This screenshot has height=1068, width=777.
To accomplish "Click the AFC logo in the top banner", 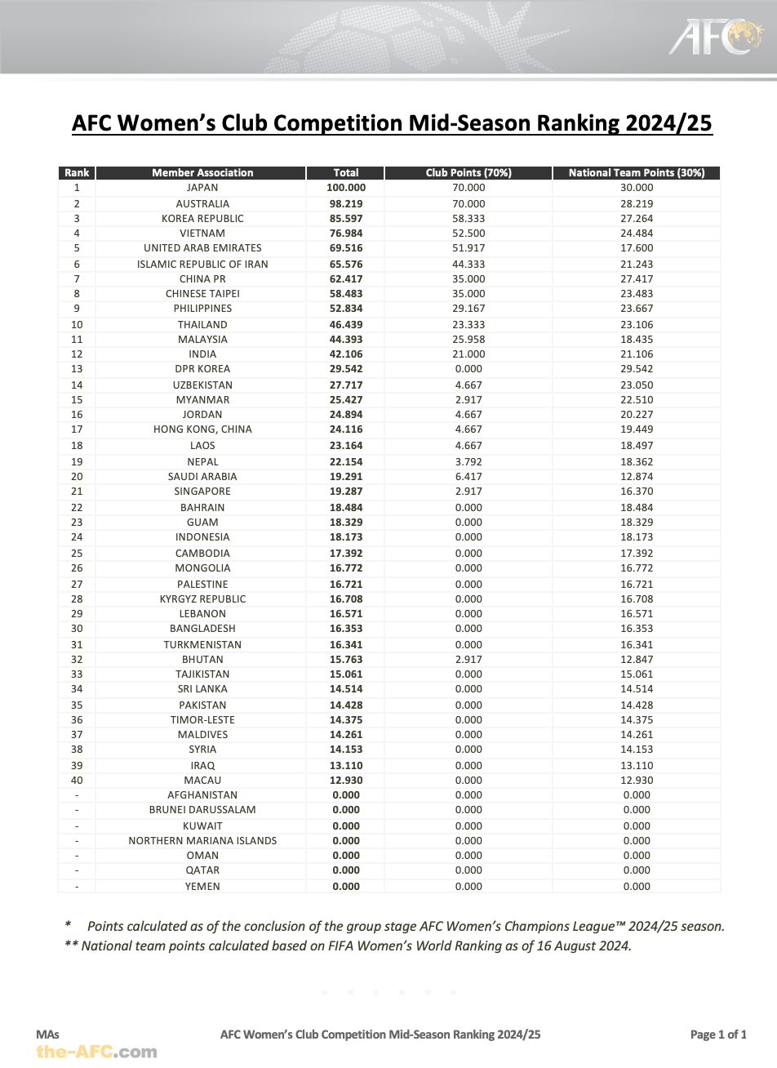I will pyautogui.click(x=716, y=37).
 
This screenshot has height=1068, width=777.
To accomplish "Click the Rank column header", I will pyautogui.click(x=77, y=172).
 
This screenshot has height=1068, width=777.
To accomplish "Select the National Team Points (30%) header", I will pyautogui.click(x=637, y=172).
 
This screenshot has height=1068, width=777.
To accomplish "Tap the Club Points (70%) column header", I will pyautogui.click(x=468, y=172).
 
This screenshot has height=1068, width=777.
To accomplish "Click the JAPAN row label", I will pyautogui.click(x=202, y=188).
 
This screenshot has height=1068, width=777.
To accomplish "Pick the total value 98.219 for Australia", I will pyautogui.click(x=346, y=204).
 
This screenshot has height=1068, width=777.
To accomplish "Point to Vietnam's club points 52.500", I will pyautogui.click(x=468, y=234).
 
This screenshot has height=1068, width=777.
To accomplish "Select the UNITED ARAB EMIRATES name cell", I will pyautogui.click(x=202, y=248).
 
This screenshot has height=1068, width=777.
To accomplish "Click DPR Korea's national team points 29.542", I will pyautogui.click(x=637, y=369).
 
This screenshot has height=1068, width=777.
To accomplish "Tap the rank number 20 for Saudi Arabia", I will pyautogui.click(x=77, y=477).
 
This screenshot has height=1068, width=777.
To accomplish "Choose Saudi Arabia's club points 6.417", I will pyautogui.click(x=468, y=477).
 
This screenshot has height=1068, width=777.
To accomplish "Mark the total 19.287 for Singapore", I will pyautogui.click(x=346, y=492).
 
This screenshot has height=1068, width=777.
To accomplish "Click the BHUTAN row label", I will pyautogui.click(x=202, y=660).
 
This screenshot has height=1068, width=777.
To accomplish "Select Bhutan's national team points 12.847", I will pyautogui.click(x=637, y=660).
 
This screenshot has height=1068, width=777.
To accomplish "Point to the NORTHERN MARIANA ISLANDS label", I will pyautogui.click(x=202, y=841).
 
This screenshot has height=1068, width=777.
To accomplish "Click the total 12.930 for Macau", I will pyautogui.click(x=346, y=781).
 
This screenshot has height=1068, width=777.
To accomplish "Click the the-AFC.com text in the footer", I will pyautogui.click(x=96, y=1052).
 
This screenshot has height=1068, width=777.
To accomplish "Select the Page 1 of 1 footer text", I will pyautogui.click(x=718, y=1035).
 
